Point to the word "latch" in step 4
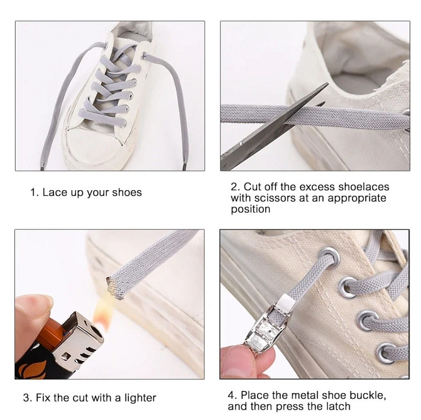click(x=338, y=406)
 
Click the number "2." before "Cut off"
click(x=236, y=187)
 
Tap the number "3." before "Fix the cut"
click(x=28, y=398)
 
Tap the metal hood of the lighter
click(x=78, y=342)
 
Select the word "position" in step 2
click(x=251, y=210)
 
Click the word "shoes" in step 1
click(x=127, y=192)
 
